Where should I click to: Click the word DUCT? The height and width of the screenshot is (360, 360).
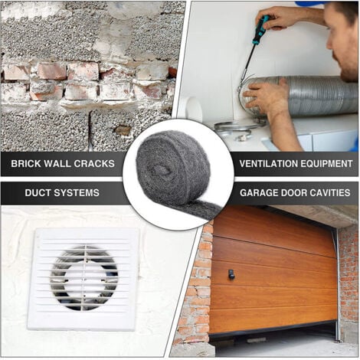click(36, 192)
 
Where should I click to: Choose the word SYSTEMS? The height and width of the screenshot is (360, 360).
click(75, 192)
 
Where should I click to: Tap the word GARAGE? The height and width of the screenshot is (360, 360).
click(259, 192)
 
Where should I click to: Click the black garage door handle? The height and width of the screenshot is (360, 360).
click(231, 274)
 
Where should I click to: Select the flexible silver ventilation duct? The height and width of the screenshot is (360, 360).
click(301, 96)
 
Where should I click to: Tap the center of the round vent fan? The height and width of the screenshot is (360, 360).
click(84, 278)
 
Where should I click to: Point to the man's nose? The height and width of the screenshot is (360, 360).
click(330, 44)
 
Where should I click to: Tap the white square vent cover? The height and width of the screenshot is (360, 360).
click(83, 280)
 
